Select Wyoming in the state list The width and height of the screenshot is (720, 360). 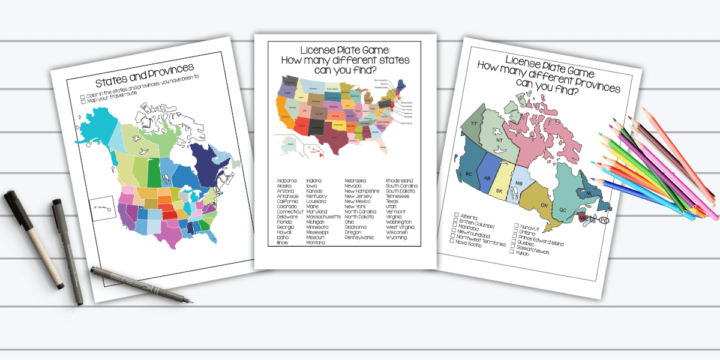(x=396, y=238)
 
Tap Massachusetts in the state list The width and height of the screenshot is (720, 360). (x=323, y=217)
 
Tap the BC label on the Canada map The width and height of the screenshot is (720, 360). (x=471, y=174)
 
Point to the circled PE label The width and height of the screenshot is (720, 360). (x=604, y=221)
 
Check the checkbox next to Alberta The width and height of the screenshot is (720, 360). (x=457, y=215)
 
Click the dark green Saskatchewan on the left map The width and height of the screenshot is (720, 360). (x=154, y=173)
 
